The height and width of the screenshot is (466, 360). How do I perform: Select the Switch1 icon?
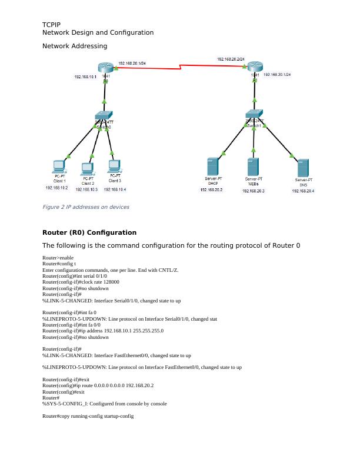[254, 116]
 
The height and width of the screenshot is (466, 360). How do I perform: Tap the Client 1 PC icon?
[59, 165]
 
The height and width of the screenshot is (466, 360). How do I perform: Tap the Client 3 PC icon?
[114, 165]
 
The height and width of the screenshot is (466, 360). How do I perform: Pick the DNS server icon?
[303, 168]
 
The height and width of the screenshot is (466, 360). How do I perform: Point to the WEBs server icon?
[254, 167]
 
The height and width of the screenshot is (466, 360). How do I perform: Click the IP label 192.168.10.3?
[86, 189]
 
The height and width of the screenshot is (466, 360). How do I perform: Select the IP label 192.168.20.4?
[304, 191]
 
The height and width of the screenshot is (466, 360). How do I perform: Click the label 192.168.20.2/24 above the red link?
[231, 59]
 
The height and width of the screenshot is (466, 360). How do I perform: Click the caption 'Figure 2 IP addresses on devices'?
[86, 207]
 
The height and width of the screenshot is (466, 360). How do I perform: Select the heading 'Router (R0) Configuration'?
[89, 232]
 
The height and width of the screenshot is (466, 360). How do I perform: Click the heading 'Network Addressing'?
[75, 45]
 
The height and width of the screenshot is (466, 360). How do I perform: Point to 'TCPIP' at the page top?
[51, 24]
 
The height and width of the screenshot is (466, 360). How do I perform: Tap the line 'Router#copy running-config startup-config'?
[88, 416]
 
